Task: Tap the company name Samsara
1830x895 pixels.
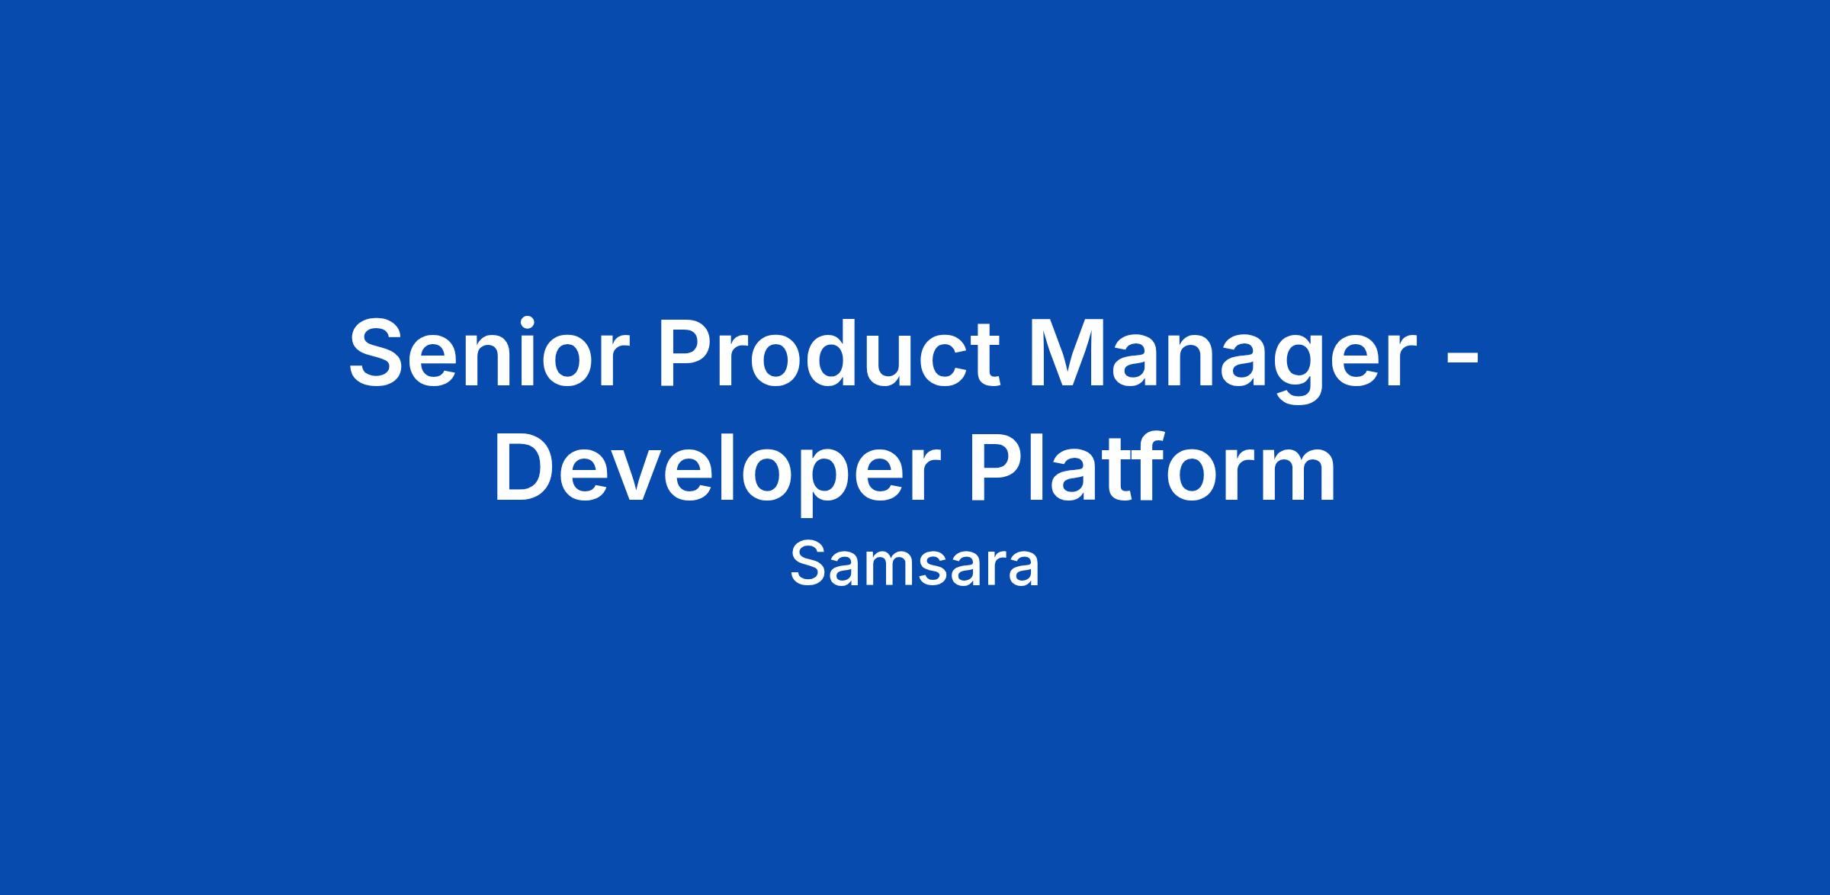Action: coord(914,565)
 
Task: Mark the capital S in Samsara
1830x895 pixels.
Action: coord(807,565)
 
